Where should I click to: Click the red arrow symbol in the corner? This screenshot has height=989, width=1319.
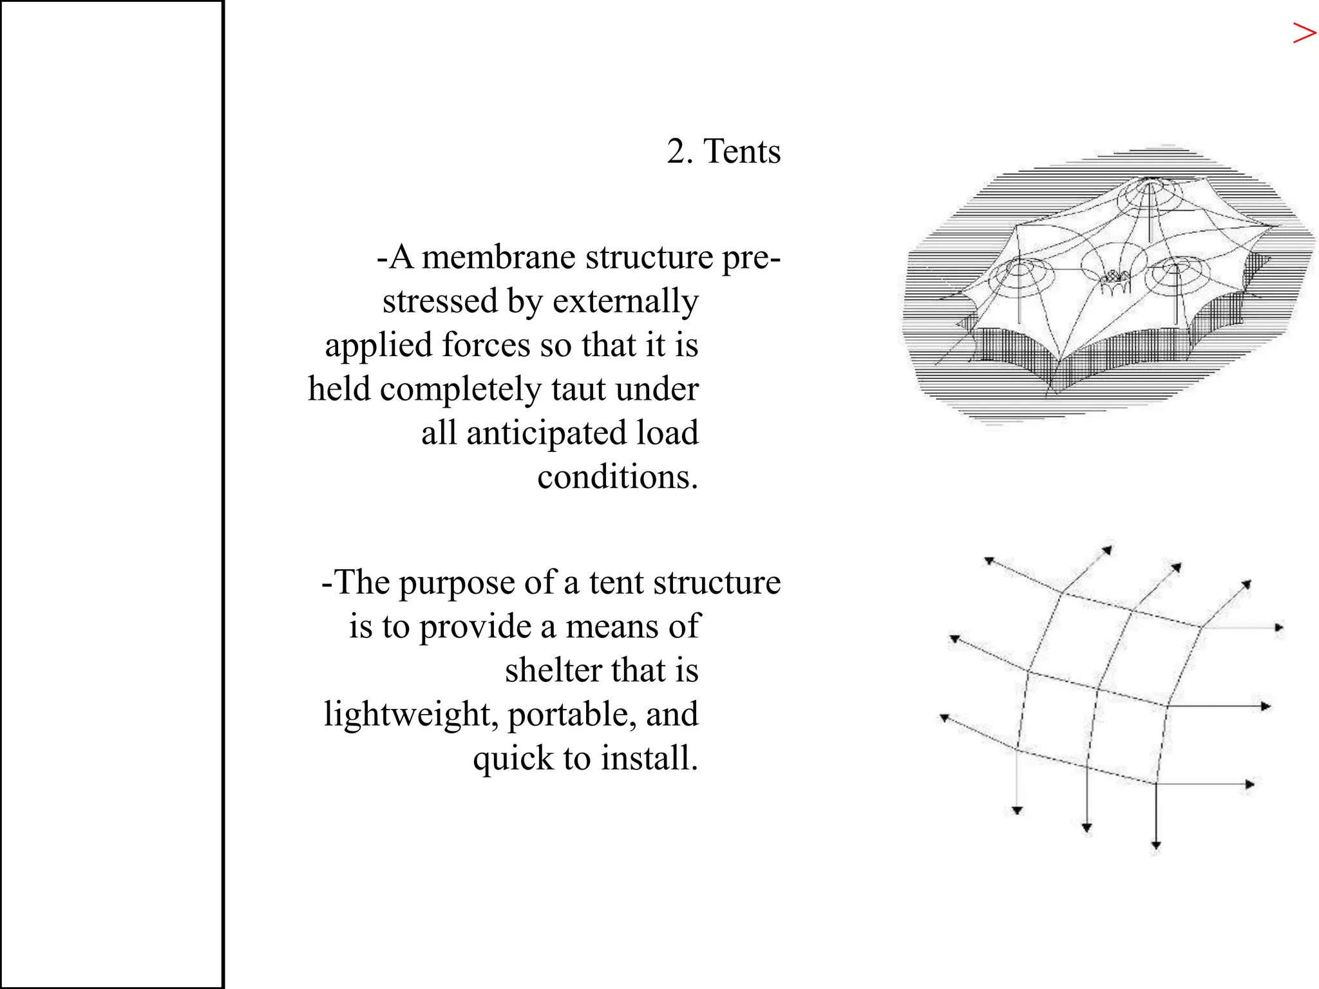point(1304,33)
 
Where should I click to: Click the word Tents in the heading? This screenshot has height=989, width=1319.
point(742,152)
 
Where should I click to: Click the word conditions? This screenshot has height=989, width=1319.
point(617,477)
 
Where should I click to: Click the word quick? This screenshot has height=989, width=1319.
point(513,758)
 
